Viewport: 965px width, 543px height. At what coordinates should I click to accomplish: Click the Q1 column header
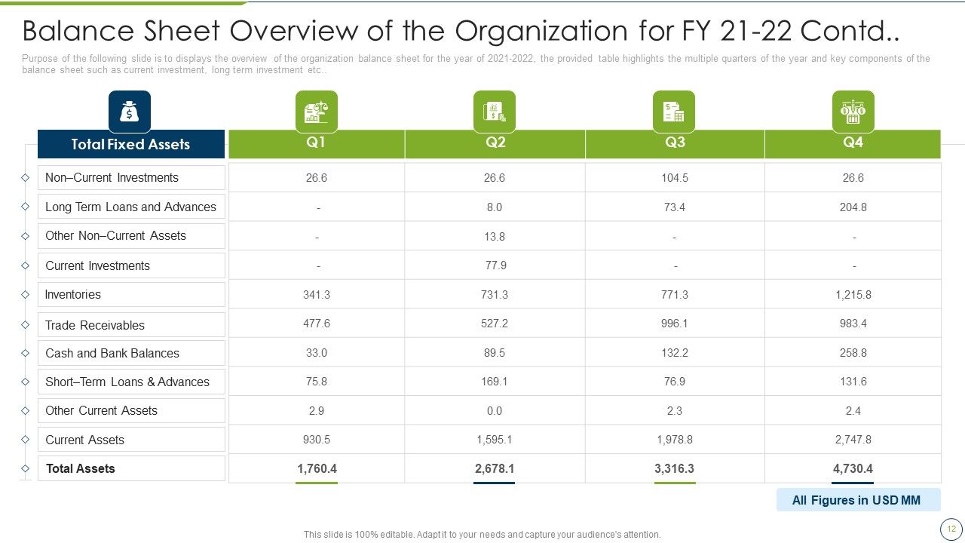point(316,143)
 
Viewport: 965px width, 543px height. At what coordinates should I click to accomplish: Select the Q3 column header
point(675,143)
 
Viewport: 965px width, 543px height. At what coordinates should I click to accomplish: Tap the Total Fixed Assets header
point(131,144)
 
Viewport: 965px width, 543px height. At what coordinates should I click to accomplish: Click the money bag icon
point(129,112)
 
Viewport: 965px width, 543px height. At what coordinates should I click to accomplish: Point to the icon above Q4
point(853,112)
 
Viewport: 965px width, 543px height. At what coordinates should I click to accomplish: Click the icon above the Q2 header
point(494,112)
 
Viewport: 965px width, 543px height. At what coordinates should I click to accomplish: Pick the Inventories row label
point(73,295)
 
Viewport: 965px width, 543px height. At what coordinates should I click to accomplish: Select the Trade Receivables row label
point(95,325)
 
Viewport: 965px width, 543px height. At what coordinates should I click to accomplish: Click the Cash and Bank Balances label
point(112,354)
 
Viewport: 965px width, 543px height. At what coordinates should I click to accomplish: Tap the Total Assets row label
point(81,468)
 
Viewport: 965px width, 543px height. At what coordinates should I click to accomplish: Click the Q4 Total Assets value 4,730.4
point(853,468)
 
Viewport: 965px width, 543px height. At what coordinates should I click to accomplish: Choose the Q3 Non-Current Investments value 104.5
point(675,178)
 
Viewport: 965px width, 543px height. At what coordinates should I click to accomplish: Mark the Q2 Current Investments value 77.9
point(496,265)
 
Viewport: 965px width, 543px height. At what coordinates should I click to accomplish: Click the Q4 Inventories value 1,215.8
point(853,295)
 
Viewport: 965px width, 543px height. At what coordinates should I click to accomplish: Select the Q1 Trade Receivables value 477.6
point(316,324)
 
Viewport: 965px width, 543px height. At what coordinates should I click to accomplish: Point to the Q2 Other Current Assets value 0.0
point(494,411)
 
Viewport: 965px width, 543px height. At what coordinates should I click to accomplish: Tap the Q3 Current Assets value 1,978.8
point(675,440)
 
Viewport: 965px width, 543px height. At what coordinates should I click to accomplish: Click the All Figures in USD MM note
point(856,500)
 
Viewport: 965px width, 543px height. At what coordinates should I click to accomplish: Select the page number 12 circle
point(951,529)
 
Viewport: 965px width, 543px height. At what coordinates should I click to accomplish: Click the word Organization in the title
point(541,32)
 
